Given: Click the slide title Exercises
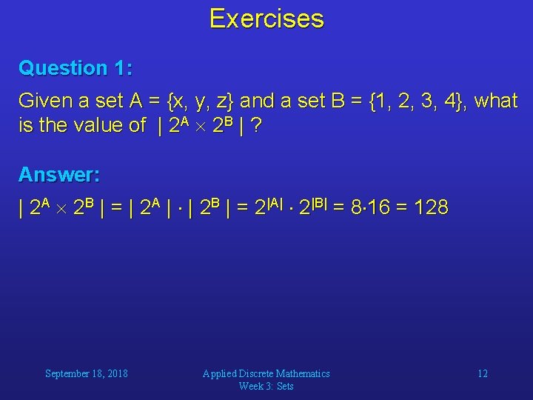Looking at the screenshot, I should click(x=266, y=19).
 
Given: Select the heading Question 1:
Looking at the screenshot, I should click(x=76, y=68).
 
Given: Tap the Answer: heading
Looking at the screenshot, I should click(x=59, y=175).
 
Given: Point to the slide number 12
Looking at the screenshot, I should click(x=482, y=373).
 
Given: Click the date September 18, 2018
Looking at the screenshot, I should click(x=87, y=373).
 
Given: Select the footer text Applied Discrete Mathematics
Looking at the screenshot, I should click(x=266, y=373).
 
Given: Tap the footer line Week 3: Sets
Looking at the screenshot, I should click(x=266, y=386).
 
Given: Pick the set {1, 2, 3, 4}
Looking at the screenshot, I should click(x=422, y=101).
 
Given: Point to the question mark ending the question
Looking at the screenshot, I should click(x=255, y=125).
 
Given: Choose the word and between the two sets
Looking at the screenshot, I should click(x=257, y=101).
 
